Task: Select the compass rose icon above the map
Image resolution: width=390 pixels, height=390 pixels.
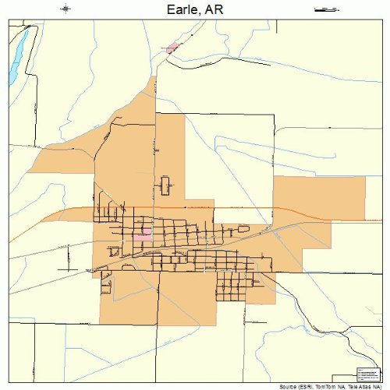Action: click(x=66, y=9)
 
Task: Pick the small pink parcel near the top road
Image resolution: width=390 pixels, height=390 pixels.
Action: click(x=172, y=48)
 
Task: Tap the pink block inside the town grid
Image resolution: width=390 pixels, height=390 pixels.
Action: click(x=142, y=233)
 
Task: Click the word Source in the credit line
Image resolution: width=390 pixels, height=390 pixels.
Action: click(x=284, y=386)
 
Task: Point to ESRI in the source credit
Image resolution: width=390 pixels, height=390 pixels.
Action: click(x=302, y=386)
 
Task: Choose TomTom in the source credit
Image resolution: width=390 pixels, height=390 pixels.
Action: click(x=321, y=386)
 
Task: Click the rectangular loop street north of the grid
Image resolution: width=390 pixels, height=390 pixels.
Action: click(x=165, y=186)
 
